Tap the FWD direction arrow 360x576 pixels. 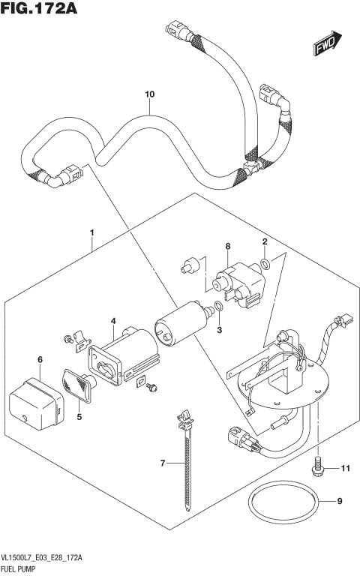coord(328,45)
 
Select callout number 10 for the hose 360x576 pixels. coord(149,94)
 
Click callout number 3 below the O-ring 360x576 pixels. coord(220,329)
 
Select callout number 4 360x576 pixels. coord(113,321)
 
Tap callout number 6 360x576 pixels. coord(40,361)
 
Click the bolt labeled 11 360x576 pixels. coord(319,466)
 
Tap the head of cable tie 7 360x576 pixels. coord(182,415)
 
